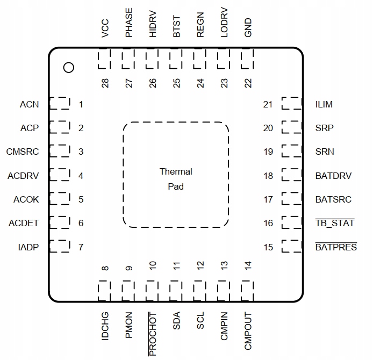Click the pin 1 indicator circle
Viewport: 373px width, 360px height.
tap(69, 68)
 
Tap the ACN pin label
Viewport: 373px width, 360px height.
tap(29, 104)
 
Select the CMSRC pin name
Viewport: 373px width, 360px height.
tap(23, 152)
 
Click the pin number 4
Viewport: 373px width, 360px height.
tap(81, 176)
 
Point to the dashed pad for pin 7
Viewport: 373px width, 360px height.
tap(60, 246)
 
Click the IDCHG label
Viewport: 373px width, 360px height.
tap(105, 326)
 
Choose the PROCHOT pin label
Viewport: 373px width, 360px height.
tap(153, 334)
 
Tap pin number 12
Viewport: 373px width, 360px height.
tap(200, 265)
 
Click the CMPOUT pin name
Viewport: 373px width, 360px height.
tap(248, 331)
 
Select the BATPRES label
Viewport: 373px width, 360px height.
tap(336, 247)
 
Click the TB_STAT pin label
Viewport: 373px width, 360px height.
tap(335, 223)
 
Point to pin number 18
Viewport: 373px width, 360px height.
tap(268, 176)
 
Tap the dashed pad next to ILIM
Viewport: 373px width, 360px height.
tap(292, 103)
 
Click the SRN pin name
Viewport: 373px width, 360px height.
tap(325, 152)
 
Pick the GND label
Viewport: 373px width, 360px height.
tap(248, 27)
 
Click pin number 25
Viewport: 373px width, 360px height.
tap(176, 83)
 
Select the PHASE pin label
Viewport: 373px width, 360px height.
tap(129, 23)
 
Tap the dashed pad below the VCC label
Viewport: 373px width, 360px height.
tap(104, 59)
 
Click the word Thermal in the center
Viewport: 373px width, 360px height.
tap(176, 171)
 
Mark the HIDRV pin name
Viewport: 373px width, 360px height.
tap(153, 24)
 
